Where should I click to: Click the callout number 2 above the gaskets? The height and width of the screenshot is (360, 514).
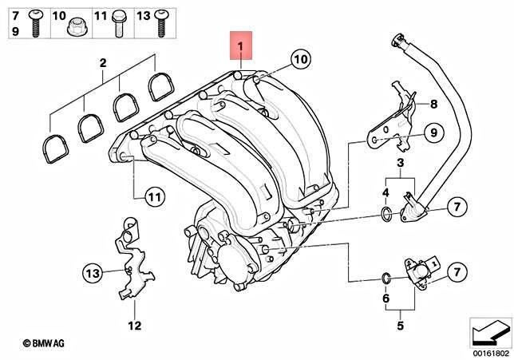tap(102, 62)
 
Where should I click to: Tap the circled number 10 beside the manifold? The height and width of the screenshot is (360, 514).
tap(299, 59)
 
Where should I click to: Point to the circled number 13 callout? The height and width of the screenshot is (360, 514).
tap(93, 274)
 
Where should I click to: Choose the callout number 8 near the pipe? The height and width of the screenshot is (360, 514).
tap(433, 105)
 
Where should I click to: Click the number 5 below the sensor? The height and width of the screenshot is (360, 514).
tap(399, 326)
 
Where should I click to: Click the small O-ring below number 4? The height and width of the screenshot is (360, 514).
tap(386, 213)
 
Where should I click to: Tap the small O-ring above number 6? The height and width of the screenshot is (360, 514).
tap(386, 279)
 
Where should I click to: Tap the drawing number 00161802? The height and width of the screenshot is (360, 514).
tap(490, 350)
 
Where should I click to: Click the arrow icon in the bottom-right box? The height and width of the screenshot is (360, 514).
tap(488, 330)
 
